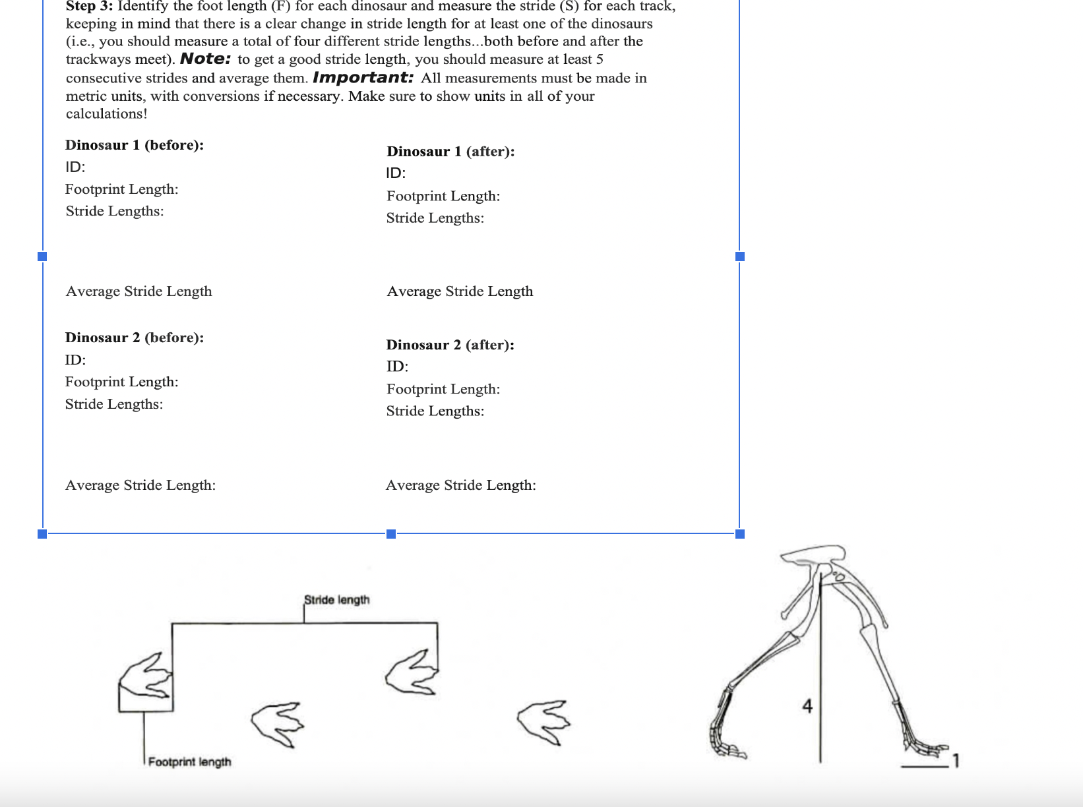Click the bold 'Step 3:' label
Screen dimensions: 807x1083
pyautogui.click(x=89, y=7)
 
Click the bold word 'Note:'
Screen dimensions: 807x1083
pyautogui.click(x=205, y=59)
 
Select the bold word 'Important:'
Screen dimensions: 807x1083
pyautogui.click(x=363, y=77)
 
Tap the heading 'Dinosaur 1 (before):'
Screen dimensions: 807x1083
pyautogui.click(x=135, y=145)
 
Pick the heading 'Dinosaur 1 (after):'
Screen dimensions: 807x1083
pyautogui.click(x=450, y=152)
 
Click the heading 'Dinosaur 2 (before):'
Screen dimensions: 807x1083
pyautogui.click(x=135, y=338)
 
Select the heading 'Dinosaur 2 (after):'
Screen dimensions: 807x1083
pyautogui.click(x=450, y=345)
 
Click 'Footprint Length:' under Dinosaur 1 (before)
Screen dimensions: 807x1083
pyautogui.click(x=121, y=189)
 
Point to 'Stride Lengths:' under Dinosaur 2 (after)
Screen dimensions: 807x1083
pyautogui.click(x=435, y=411)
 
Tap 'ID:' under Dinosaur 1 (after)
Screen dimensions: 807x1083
pyautogui.click(x=396, y=173)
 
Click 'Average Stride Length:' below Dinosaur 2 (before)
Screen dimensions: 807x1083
pyautogui.click(x=140, y=485)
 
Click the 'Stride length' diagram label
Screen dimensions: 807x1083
pyautogui.click(x=336, y=599)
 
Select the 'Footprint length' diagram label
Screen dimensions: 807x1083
pyautogui.click(x=189, y=762)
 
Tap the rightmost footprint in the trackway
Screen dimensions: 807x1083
pyautogui.click(x=543, y=721)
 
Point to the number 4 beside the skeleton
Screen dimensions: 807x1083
pyautogui.click(x=807, y=706)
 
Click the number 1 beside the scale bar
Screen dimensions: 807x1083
pyautogui.click(x=956, y=761)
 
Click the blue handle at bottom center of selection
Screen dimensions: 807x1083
pyautogui.click(x=391, y=533)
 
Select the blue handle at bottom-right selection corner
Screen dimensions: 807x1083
pyautogui.click(x=739, y=533)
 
